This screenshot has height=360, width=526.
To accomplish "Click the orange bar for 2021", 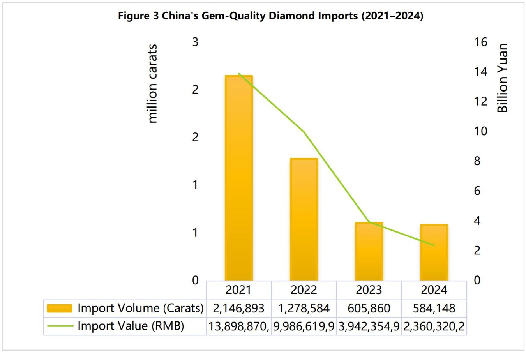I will pos(239,178).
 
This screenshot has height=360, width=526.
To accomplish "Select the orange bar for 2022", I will pos(304,219).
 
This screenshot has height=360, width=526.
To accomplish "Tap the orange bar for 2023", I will pos(369,251).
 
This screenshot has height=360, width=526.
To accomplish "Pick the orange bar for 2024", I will pos(434,252).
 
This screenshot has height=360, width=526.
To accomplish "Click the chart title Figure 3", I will pos(270,16).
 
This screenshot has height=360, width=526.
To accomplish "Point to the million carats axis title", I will pos(152,84).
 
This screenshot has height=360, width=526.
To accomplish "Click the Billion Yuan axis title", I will pos(502,78).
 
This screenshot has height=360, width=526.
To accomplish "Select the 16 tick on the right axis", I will pos(480,42).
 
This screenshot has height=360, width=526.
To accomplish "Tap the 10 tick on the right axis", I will pos(480,131).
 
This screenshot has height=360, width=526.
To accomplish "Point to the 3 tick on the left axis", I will pos(195,42).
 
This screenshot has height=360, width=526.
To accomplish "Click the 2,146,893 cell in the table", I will pos(238,308).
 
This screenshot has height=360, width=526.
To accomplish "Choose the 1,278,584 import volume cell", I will pos(304,308).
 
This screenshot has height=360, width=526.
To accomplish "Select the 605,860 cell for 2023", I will pos(369,308).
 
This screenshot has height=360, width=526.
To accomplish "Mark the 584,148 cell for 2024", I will pos(434,308).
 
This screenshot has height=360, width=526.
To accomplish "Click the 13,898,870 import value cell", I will pos(238,326).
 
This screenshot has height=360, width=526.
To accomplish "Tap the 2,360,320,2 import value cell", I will pos(434,326).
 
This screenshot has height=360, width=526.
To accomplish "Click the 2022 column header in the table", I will pos(304,290).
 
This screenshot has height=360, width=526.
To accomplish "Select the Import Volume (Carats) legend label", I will pos(140,308).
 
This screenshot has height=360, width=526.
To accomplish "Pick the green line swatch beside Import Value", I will pos(60,326).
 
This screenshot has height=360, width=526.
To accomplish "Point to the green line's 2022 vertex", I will pos(304,132).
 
